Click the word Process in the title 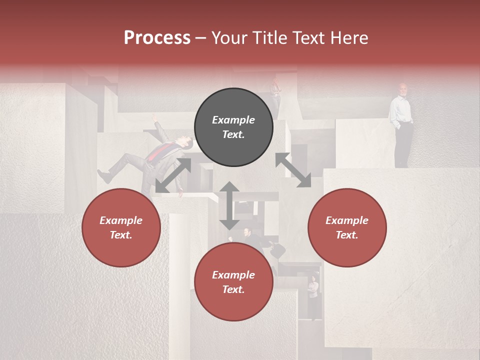point(157,38)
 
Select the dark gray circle point(233,127)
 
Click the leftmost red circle point(121,227)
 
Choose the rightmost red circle point(347,227)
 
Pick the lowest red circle point(233,282)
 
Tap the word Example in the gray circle point(233,120)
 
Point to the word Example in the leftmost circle point(121,220)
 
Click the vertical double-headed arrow point(229,205)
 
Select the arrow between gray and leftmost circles point(173,175)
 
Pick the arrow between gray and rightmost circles point(293,170)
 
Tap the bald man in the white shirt point(402,125)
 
